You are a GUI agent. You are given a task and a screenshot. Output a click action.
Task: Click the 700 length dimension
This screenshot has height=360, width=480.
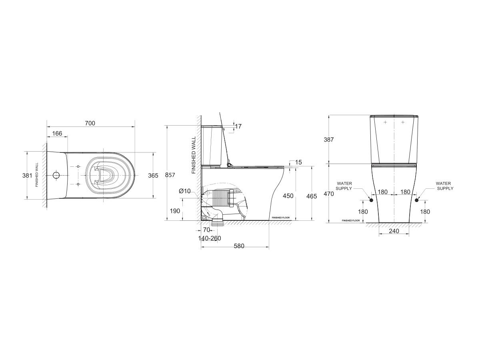point(90,123)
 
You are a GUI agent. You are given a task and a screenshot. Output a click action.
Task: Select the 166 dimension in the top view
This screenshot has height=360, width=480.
point(58,133)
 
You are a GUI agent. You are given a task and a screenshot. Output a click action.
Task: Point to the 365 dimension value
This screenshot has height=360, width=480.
point(153,175)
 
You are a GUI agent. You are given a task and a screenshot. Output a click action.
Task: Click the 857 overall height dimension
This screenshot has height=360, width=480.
point(170,175)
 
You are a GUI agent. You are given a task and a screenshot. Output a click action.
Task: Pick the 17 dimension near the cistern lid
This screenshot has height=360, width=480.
point(238,126)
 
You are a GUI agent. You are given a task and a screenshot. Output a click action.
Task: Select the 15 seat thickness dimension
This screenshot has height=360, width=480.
point(298,162)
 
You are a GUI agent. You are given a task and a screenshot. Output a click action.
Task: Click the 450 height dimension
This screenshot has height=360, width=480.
point(288,196)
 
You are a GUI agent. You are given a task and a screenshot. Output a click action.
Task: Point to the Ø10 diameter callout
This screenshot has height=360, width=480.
point(185,191)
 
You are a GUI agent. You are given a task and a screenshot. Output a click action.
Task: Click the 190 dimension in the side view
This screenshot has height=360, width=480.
point(175,211)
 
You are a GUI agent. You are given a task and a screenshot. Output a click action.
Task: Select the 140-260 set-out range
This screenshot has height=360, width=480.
point(210,238)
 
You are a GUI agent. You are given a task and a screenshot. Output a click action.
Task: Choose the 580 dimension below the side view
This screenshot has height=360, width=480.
point(239,246)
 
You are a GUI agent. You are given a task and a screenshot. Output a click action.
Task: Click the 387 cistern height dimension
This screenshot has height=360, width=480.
point(328,139)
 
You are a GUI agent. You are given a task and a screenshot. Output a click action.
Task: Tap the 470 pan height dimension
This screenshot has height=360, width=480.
point(328,194)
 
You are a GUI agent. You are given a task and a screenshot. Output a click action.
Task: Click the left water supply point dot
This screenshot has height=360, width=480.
point(371,200)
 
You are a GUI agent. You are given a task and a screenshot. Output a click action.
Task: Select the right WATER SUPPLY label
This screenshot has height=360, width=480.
point(444,185)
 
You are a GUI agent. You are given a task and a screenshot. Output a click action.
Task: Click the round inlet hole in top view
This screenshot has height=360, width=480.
point(56,175)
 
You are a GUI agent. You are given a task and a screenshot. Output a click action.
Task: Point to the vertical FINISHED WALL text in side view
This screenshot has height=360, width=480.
point(194,155)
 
